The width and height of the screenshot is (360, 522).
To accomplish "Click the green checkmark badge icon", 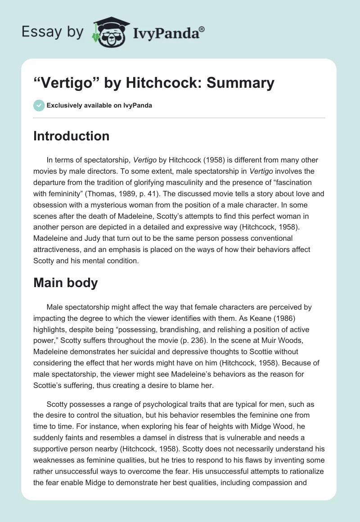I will (x=39, y=105).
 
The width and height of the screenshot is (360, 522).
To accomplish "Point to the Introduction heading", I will (x=71, y=136).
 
